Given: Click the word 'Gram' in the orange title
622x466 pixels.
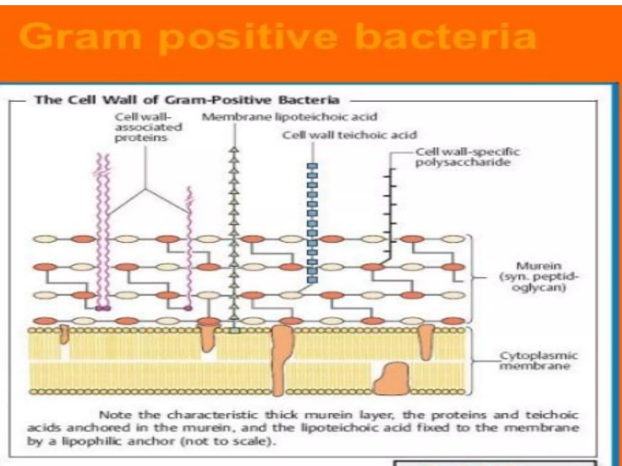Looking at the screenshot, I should coord(80,38).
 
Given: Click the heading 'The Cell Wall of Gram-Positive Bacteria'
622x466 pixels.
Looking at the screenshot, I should coord(187,100).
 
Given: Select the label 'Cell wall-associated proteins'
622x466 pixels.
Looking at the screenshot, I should coord(148,127).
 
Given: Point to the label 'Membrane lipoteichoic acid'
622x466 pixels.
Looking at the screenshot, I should coord(289,117).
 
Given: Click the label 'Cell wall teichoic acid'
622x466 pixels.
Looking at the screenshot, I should coord(349,135).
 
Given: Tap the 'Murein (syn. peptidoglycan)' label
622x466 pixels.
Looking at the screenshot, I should coord(539,277).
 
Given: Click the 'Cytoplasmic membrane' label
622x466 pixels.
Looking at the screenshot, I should coord(538,361).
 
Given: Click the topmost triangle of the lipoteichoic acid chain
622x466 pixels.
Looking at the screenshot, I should coord(234,150).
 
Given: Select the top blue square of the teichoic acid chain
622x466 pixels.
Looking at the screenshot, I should coord(312,166).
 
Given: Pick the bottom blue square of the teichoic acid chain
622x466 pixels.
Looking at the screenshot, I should coord(312,280).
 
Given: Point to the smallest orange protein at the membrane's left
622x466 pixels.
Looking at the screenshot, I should coord(63,335).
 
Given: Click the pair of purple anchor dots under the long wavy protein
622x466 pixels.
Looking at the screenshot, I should coord(103,308).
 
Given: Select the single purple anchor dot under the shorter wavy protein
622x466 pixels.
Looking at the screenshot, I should coord(188,308).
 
